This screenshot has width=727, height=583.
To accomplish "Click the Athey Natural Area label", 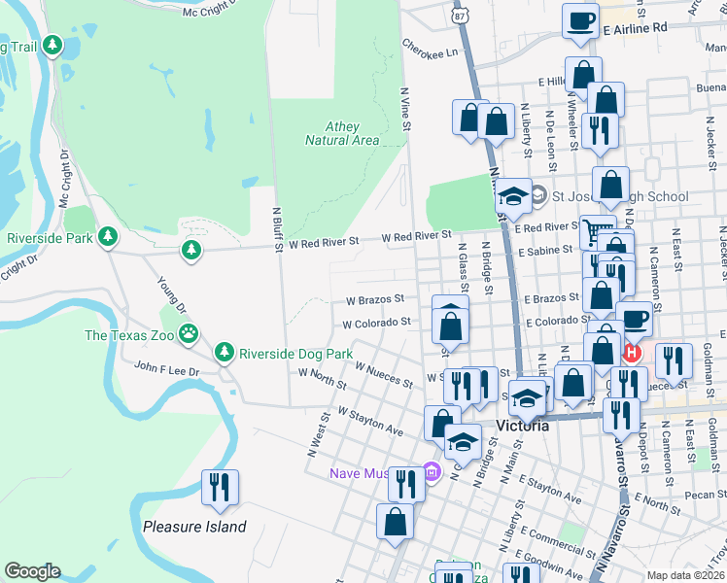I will (341, 134).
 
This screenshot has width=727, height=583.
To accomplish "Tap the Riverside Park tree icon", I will (109, 237).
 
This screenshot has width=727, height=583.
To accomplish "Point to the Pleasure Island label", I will (194, 527).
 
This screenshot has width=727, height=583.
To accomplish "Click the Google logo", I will (32, 571).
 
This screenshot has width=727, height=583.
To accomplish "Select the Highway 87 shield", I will (460, 16).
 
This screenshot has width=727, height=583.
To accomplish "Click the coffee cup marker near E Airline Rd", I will (581, 20).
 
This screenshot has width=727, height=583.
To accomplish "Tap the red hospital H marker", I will (634, 352).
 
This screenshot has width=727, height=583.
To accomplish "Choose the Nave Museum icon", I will (433, 473).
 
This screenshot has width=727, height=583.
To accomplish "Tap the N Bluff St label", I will (277, 228).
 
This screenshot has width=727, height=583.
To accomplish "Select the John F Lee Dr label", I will (166, 370).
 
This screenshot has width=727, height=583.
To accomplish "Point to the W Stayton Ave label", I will (370, 420).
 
